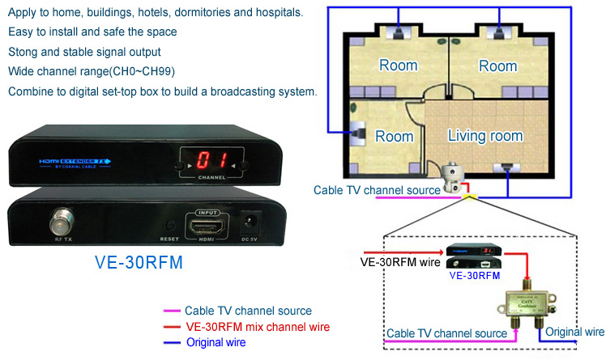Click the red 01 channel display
[x=210, y=160]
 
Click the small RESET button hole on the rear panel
[x=169, y=227]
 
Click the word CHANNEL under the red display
[x=210, y=176]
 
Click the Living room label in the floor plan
[x=485, y=135]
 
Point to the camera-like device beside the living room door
[x=451, y=172]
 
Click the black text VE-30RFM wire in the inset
[x=400, y=261]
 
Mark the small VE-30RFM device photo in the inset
[x=473, y=256]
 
